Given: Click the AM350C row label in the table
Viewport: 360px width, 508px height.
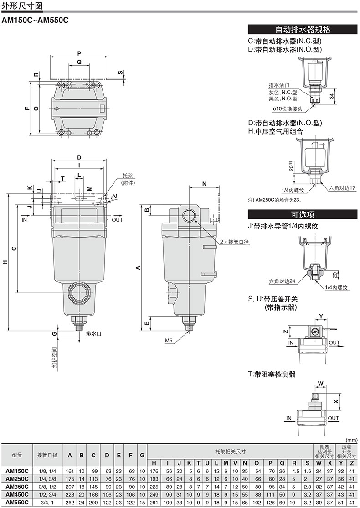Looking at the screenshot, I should click(17, 487).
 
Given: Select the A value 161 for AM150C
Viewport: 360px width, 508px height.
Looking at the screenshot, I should click(70, 471).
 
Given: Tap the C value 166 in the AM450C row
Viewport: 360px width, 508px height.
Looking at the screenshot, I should click(93, 494).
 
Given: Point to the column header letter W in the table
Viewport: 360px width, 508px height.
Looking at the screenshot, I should click(319, 463).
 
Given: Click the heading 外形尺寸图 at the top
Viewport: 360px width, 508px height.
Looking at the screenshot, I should click(21, 6).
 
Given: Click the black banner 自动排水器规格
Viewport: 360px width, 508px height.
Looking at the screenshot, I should click(303, 30).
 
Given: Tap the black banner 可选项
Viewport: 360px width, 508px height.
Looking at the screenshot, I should click(303, 214).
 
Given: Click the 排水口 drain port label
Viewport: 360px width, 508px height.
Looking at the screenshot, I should click(93, 334).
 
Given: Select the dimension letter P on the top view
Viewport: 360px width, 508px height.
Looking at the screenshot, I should click(80, 52).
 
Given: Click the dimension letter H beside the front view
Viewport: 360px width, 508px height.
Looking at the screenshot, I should click(5, 262).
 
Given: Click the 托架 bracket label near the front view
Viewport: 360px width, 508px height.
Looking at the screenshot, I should click(128, 175).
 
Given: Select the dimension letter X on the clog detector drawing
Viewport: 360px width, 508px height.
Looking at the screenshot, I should click(336, 401).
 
